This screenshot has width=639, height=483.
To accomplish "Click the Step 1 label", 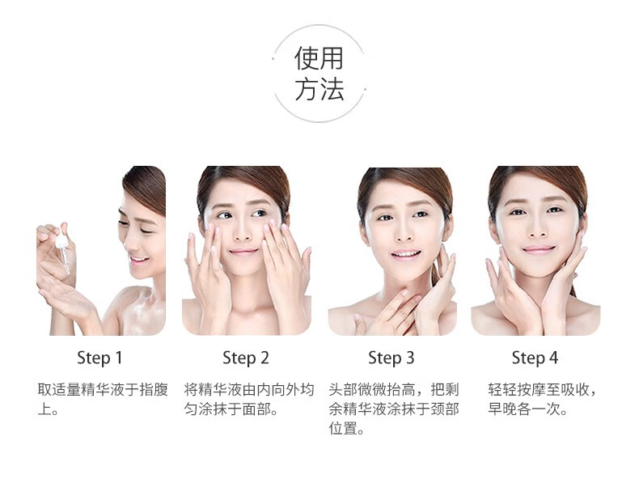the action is tap(99, 358).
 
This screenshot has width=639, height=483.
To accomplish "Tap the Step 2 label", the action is tap(246, 358).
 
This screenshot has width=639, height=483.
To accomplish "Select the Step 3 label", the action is tap(391, 358).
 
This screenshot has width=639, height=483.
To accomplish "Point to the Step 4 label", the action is tap(535, 358).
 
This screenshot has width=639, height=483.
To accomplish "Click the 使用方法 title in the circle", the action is tap(319, 74).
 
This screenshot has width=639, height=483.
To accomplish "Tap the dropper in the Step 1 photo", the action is tap(63, 249).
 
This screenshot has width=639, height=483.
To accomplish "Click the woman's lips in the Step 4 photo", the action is tap(539, 249).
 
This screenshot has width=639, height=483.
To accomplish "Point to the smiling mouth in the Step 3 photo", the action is tap(406, 254).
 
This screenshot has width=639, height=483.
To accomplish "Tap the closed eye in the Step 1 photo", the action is tap(146, 231).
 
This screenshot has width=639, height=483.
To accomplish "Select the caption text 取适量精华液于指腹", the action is tap(103, 389).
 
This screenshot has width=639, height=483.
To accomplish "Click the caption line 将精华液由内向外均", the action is tap(249, 389).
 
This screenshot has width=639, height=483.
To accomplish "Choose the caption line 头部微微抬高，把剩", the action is tap(394, 389).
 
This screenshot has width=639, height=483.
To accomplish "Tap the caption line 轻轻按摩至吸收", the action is tap(539, 389).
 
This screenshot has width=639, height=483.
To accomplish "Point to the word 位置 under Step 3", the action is tap(343, 428).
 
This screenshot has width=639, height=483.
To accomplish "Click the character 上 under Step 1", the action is tap(44, 409).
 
